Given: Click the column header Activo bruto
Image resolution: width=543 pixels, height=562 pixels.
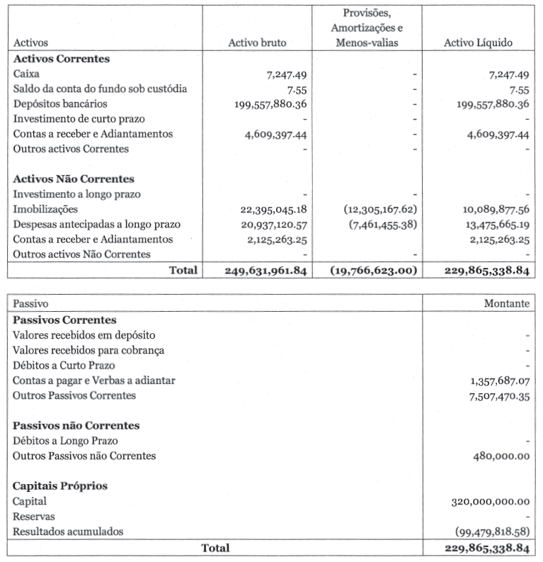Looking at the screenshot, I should [257, 43].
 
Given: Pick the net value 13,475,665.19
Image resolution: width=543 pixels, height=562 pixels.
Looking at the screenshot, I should [488, 224].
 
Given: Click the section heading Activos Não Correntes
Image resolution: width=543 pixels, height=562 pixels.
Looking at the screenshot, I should [74, 179].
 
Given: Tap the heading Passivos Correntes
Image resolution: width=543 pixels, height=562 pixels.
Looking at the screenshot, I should [64, 320].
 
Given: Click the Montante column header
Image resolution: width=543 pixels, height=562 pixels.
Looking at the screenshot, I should [507, 303].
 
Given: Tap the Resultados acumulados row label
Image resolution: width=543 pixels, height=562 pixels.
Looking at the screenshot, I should [67, 532].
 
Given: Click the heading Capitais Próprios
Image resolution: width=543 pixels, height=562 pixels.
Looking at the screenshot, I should [58, 486].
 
